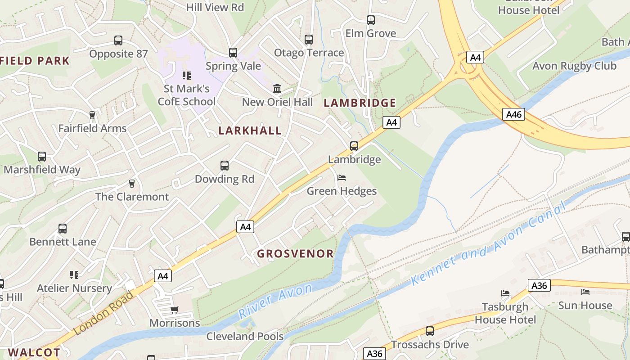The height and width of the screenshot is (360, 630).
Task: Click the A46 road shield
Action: click(513, 114)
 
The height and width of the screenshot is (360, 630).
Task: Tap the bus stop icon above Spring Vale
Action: click(233, 53)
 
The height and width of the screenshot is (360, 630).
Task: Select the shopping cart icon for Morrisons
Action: click(174, 310)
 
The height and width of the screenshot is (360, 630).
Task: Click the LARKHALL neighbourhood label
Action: click(250, 130)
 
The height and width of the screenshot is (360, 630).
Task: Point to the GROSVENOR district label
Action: click(295, 253)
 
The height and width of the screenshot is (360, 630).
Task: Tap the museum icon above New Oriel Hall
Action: click(277, 88)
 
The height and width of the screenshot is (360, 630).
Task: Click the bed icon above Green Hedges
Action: click(342, 178)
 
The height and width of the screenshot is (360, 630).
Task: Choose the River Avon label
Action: click(275, 301)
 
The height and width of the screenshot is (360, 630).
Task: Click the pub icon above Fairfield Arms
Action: click(92, 115)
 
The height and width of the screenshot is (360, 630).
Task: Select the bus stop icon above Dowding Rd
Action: click(225, 166)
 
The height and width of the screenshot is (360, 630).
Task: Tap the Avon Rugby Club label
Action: click(574, 66)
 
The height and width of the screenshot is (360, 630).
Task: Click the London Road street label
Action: click(103, 313)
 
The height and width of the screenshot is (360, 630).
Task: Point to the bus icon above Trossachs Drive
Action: click(430, 331)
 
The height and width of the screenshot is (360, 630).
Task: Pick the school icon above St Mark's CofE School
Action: click(186, 75)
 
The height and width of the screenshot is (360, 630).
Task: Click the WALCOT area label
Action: click(34, 352)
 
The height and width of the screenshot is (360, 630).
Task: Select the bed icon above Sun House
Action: click(585, 292)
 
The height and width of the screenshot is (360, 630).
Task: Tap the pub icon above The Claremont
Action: click(132, 184)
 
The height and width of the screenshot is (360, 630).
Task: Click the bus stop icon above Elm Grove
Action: click(370, 20)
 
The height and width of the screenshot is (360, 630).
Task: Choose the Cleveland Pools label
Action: click(245, 336)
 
